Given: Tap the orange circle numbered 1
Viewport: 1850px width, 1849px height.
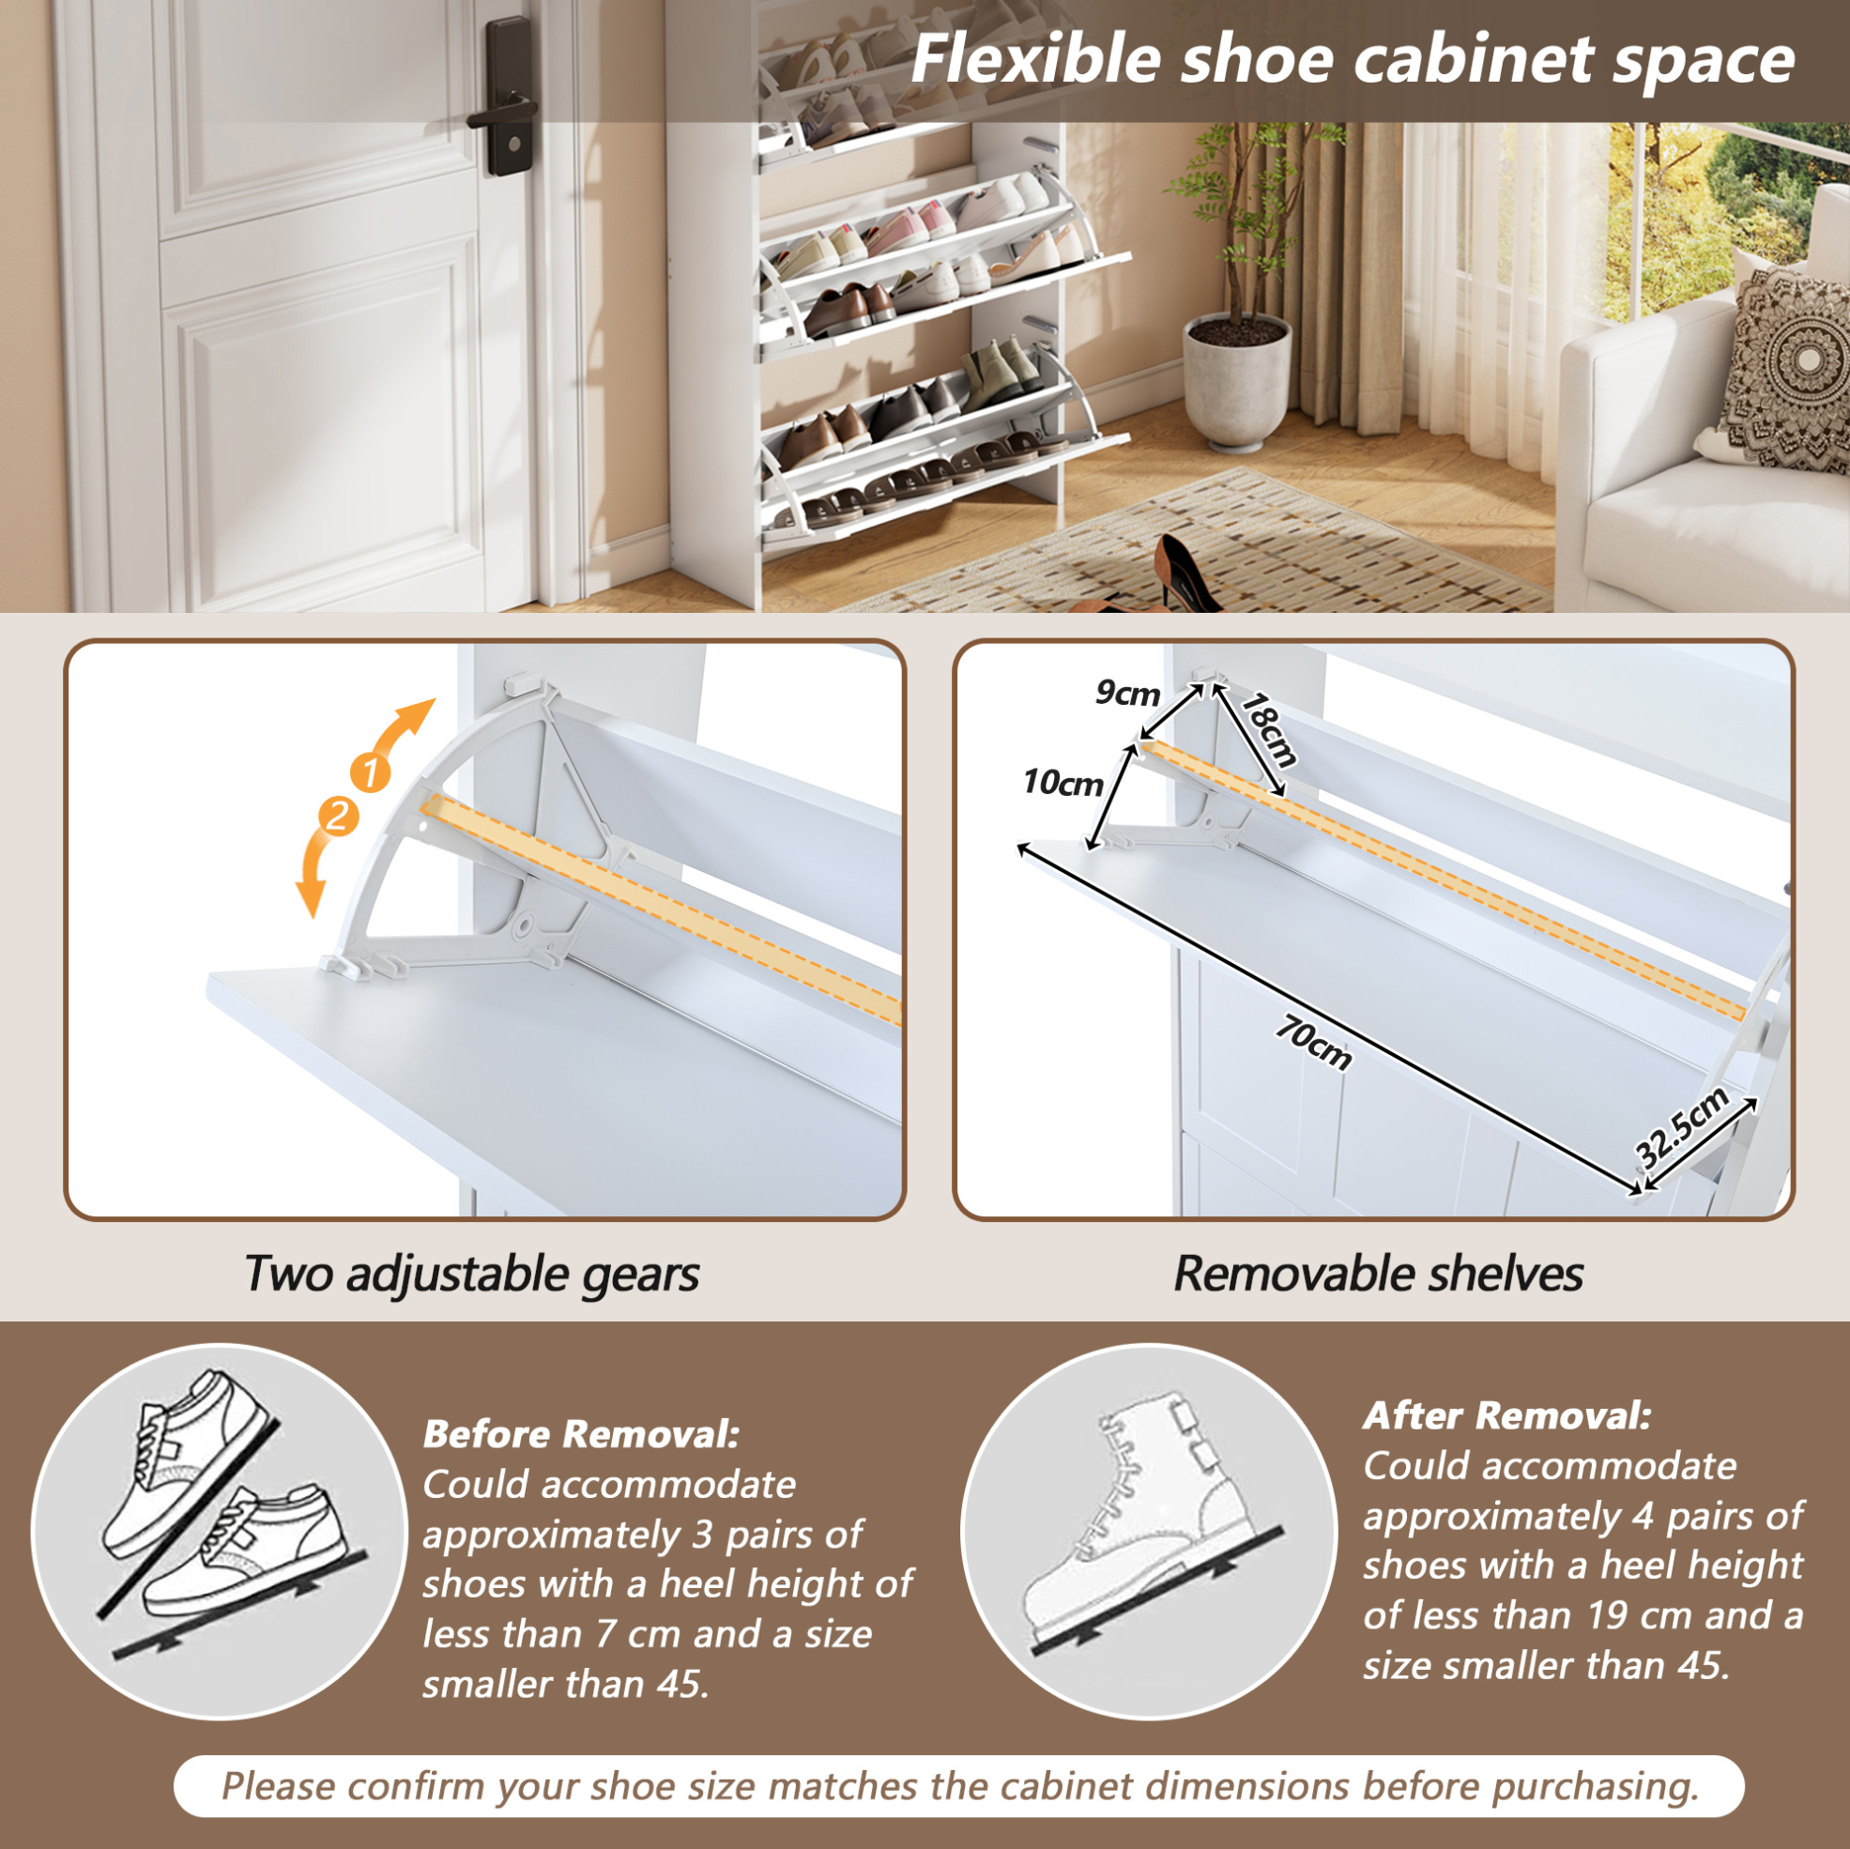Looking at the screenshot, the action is (x=371, y=772).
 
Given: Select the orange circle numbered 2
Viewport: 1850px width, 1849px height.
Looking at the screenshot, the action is (x=338, y=817).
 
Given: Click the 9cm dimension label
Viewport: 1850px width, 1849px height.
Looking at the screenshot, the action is (x=1127, y=693).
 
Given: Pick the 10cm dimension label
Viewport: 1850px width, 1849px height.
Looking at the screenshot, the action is (x=1063, y=783).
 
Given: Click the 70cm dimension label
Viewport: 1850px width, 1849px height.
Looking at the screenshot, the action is (x=1314, y=1043).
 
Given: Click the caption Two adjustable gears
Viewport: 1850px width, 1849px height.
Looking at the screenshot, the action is (x=472, y=1275).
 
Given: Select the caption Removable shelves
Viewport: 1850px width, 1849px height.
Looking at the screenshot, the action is (x=1378, y=1274).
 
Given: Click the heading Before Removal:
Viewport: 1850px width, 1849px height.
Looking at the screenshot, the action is (x=581, y=1433).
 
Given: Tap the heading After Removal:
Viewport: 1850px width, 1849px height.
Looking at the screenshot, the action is (x=1507, y=1415).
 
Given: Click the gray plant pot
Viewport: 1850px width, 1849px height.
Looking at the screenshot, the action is (x=1236, y=383).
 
